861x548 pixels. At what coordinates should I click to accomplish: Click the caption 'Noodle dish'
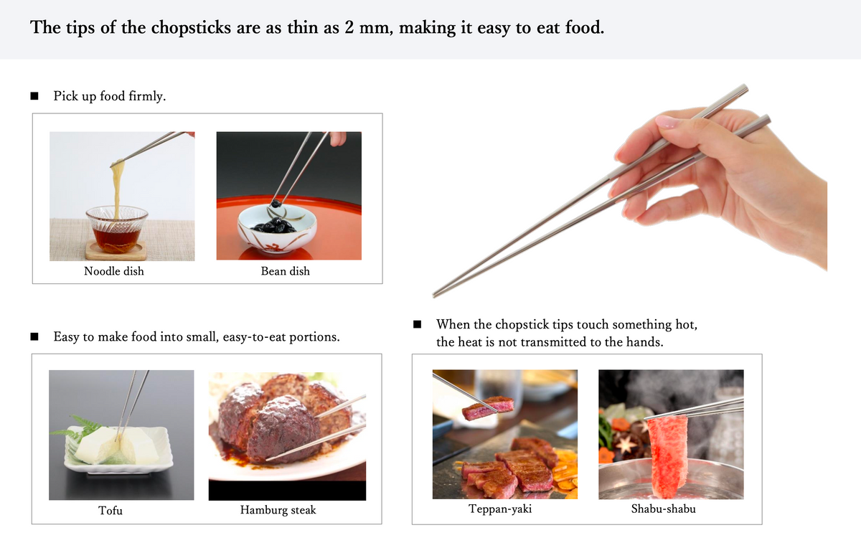click(114, 271)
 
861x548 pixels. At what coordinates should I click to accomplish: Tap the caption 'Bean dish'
click(286, 271)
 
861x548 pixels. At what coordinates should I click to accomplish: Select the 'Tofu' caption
click(110, 510)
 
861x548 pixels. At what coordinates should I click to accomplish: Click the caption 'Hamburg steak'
click(278, 510)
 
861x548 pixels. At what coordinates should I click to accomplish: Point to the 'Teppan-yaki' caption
click(500, 509)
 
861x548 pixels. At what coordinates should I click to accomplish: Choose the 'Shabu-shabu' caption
click(664, 509)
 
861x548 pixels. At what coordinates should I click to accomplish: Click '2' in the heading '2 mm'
click(349, 28)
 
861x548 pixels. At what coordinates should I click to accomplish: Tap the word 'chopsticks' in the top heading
click(191, 28)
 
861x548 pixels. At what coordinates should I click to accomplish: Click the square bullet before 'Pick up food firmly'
click(34, 96)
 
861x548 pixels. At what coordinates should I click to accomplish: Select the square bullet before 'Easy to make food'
click(34, 336)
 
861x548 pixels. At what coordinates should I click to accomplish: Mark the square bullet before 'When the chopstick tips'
click(417, 324)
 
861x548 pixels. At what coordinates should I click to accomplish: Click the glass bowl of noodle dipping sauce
click(116, 228)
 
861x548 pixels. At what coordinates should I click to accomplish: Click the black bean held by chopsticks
click(275, 203)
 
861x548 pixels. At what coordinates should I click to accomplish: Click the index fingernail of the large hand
click(666, 122)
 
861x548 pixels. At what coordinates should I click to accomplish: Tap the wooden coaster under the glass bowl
click(116, 250)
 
